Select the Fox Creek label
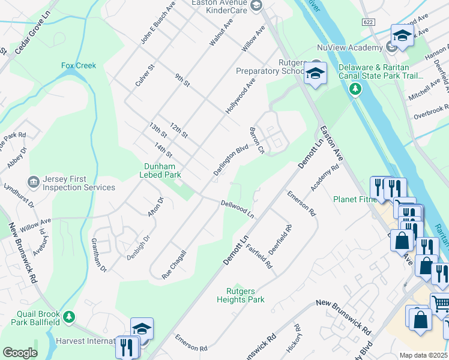[78, 65]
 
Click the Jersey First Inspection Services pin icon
[34, 181]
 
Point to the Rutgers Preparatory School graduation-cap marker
[315, 74]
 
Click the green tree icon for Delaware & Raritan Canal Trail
[355, 89]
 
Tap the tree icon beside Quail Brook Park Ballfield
[70, 316]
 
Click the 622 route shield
[369, 22]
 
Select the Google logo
[20, 352]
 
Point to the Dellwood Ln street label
[237, 209]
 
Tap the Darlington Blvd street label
[231, 160]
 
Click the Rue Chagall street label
[175, 265]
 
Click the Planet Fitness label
[354, 199]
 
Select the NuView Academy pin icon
[391, 47]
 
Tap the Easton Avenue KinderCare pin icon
[256, 6]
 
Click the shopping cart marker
[440, 304]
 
